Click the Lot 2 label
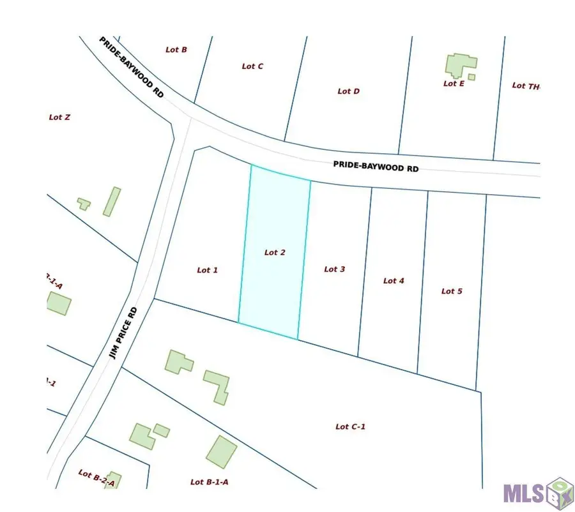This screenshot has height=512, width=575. [275, 253]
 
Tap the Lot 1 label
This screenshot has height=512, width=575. [208, 270]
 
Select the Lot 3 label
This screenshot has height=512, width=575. [335, 269]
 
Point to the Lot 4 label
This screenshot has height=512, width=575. [394, 281]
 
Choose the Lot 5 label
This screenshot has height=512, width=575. [452, 291]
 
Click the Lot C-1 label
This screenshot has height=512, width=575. [350, 427]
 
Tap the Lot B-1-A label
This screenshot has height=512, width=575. [210, 482]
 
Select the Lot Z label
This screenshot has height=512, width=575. [59, 117]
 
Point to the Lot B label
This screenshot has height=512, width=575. [176, 49]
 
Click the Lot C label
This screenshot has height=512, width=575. [252, 66]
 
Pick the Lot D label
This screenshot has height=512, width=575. [348, 91]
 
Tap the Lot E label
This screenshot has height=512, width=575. [454, 84]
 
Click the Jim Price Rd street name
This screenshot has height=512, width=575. [123, 333]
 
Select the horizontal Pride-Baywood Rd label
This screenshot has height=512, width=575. [376, 165]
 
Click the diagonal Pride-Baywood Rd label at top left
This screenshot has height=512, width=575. [132, 66]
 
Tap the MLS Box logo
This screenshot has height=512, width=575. [537, 493]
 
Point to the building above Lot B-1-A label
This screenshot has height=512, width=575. [221, 451]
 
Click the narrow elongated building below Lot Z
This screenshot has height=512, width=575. [112, 201]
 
